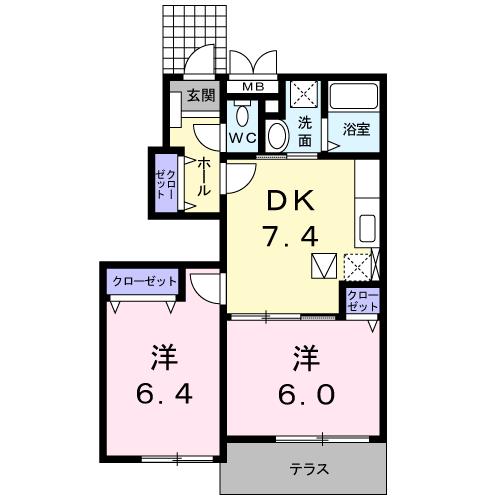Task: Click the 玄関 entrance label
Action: (x=201, y=96)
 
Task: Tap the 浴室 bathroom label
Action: (x=357, y=128)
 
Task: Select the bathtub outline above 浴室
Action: (x=355, y=98)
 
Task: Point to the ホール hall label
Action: (x=203, y=176)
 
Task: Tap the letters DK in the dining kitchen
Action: (x=289, y=201)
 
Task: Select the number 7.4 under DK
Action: (x=289, y=236)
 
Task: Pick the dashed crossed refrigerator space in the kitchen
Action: (x=357, y=267)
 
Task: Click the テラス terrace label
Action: (x=310, y=469)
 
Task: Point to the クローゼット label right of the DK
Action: (x=362, y=300)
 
